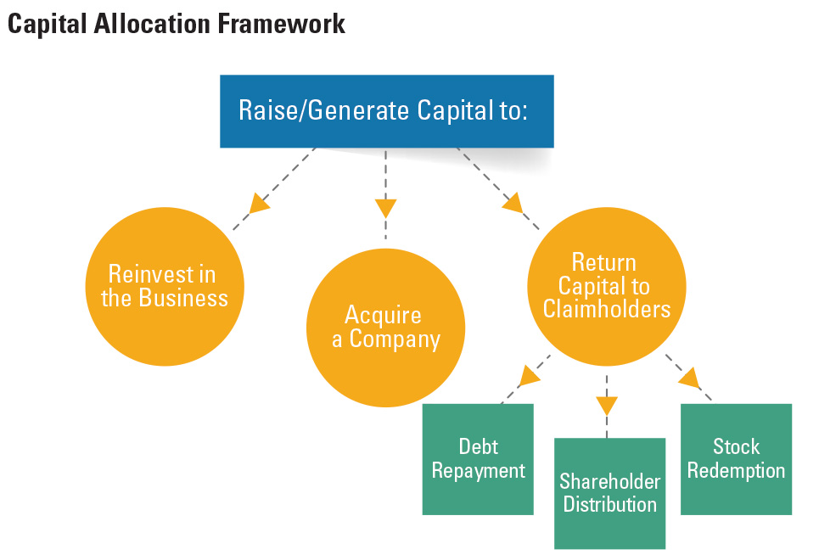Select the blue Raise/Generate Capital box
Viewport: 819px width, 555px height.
point(386,111)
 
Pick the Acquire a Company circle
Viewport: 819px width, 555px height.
point(385,328)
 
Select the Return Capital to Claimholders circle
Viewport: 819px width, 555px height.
point(606,285)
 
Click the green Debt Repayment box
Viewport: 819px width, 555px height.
point(478,459)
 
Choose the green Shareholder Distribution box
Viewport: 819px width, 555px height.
point(609,493)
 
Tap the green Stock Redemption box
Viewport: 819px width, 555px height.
point(736,459)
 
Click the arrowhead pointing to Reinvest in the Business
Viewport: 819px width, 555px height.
point(259,202)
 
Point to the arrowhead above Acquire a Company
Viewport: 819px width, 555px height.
point(385,207)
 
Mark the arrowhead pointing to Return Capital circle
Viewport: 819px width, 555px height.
point(513,202)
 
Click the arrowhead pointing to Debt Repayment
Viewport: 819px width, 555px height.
point(530,374)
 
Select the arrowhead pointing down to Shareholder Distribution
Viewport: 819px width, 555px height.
point(606,405)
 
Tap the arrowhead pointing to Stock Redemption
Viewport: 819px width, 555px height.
point(688,376)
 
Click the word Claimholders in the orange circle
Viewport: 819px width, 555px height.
point(606,309)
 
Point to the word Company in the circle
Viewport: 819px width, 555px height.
point(395,340)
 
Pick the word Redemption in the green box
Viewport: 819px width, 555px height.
point(736,470)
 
